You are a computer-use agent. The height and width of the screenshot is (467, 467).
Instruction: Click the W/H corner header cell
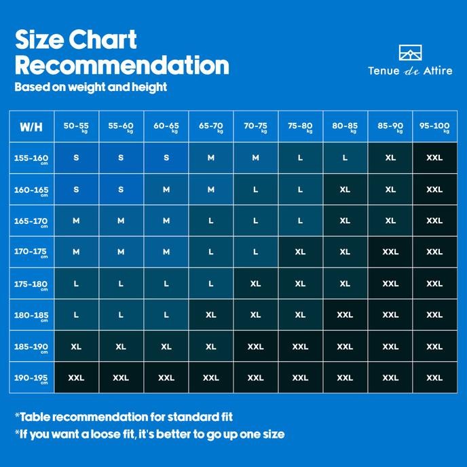coord(31,126)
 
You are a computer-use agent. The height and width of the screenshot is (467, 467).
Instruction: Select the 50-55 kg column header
coord(76,126)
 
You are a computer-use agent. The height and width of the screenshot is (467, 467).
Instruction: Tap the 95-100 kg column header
coord(434,126)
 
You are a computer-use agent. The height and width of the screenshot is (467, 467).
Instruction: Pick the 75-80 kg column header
coord(300,126)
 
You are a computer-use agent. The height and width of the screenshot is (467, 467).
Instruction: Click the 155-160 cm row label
coord(31,158)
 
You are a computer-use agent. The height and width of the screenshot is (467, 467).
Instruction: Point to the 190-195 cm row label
coord(31,378)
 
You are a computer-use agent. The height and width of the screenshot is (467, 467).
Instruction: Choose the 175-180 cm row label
coord(31,284)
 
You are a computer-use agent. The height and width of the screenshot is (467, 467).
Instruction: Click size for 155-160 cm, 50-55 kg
coord(76,157)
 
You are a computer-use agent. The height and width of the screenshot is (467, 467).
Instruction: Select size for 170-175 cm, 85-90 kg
coord(390,252)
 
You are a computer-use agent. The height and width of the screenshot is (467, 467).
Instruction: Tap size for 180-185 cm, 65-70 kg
coord(211,315)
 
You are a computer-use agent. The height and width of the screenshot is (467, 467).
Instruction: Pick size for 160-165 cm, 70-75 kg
coord(255,189)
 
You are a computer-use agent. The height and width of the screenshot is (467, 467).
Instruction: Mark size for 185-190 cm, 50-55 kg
coord(76,346)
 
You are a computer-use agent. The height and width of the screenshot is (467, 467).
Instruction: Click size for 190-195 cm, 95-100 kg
coord(434,378)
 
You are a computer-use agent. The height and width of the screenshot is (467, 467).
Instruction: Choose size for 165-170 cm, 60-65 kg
coord(166,221)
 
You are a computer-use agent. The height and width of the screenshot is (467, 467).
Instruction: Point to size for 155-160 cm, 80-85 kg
coord(345,157)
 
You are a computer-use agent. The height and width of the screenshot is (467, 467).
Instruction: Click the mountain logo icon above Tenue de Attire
coord(410,54)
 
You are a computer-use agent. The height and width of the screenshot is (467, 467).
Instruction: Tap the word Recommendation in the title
coord(122,65)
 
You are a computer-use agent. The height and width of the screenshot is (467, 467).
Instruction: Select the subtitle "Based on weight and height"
coord(90,87)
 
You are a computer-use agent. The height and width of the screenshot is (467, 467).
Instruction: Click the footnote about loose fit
coord(149,434)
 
